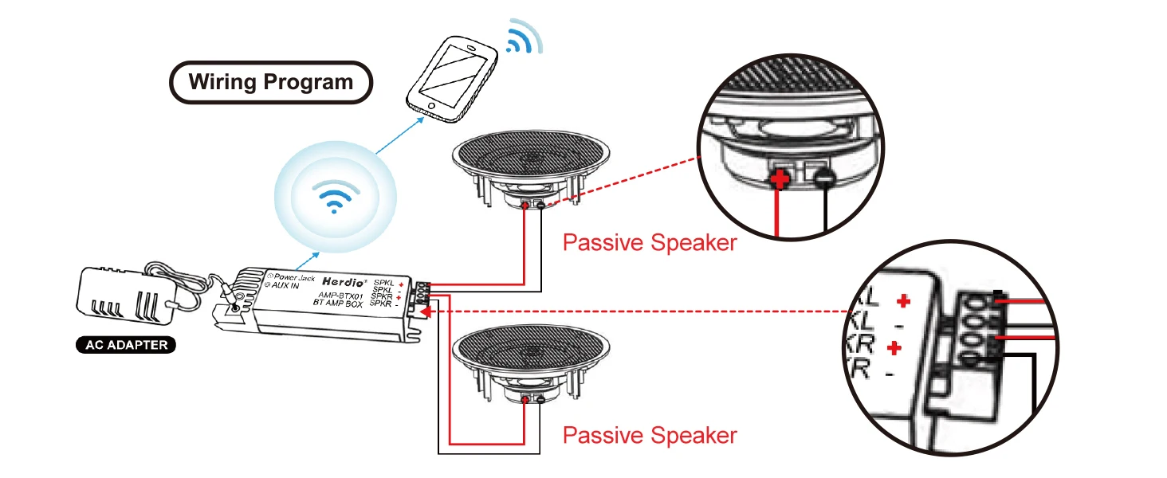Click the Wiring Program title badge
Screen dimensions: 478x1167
tap(271, 82)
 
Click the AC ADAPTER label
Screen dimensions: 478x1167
tap(127, 346)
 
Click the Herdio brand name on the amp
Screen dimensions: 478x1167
tap(344, 282)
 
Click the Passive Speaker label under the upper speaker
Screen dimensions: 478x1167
tap(650, 242)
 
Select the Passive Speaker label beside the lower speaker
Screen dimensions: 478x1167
tap(650, 435)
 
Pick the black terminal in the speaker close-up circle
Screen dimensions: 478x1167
tap(825, 179)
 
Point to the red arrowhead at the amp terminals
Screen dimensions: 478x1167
tap(425, 312)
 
